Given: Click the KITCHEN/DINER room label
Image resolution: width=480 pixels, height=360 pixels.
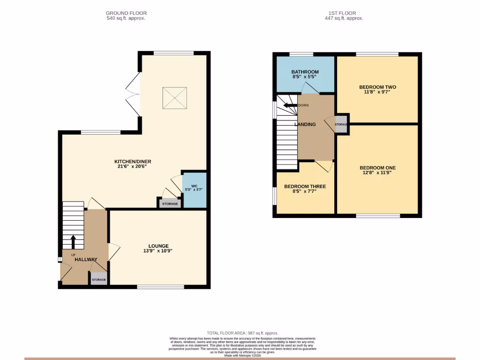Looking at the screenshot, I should pyautogui.click(x=134, y=161).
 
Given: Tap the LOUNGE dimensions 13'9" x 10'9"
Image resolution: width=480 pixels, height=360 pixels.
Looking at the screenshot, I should pyautogui.click(x=158, y=251).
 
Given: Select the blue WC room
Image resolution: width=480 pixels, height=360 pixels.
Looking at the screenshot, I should pyautogui.click(x=194, y=190).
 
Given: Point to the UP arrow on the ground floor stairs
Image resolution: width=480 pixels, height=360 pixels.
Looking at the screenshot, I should pyautogui.click(x=73, y=242).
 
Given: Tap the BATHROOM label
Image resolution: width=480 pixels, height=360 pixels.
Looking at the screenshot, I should pyautogui.click(x=305, y=72).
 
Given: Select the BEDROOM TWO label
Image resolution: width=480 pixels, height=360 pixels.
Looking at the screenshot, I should pyautogui.click(x=377, y=87).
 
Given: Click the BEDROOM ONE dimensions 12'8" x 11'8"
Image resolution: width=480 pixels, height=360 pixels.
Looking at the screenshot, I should pyautogui.click(x=377, y=172).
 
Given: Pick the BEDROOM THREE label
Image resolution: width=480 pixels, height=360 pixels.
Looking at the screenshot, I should pyautogui.click(x=305, y=187).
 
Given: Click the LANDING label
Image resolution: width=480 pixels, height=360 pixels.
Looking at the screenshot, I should pyautogui.click(x=305, y=124).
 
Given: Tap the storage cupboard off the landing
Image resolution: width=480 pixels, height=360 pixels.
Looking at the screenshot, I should pyautogui.click(x=341, y=124).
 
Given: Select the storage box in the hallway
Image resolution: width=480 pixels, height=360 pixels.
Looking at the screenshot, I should pyautogui.click(x=98, y=279).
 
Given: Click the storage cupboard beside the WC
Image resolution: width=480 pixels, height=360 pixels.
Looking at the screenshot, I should pyautogui.click(x=170, y=203).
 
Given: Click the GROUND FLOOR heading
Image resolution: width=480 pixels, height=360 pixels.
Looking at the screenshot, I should pyautogui.click(x=125, y=13).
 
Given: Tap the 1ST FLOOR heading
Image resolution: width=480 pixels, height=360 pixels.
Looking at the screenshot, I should pyautogui.click(x=344, y=13).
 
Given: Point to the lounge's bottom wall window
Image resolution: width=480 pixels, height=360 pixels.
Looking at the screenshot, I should pyautogui.click(x=160, y=286).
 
